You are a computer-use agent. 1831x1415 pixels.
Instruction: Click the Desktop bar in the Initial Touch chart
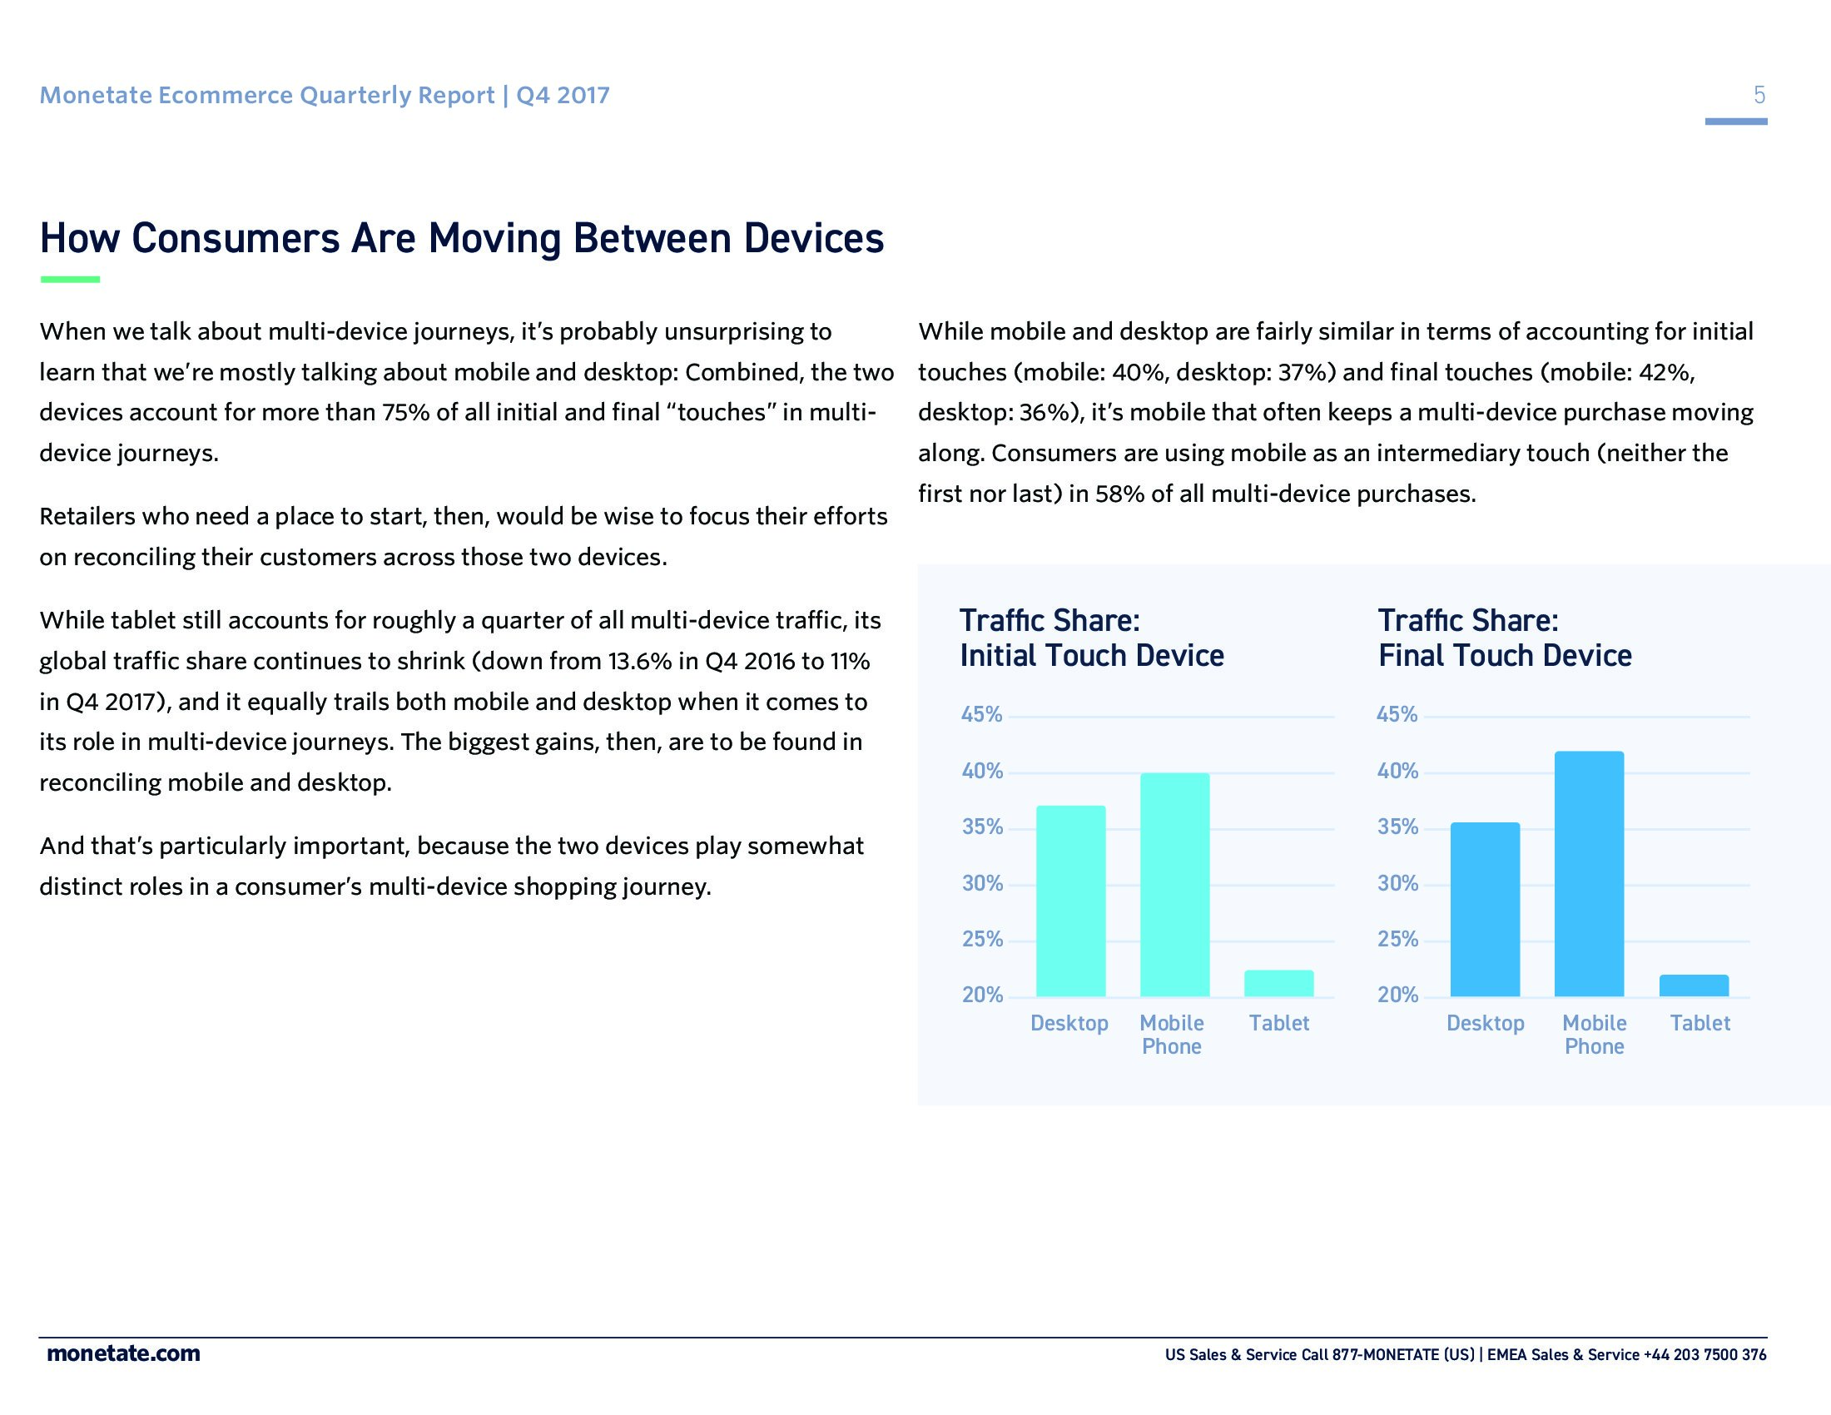coord(1070,901)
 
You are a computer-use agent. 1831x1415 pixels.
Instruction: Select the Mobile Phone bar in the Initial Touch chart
coord(1174,884)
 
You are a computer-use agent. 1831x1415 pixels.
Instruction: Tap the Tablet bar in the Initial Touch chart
coord(1278,983)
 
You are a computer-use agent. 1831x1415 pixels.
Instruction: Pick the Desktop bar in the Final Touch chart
coord(1485,910)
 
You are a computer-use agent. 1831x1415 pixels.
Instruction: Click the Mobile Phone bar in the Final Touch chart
coord(1589,873)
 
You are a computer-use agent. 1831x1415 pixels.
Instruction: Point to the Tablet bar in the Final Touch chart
coord(1694,986)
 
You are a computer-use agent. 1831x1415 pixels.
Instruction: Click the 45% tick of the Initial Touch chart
coord(981,714)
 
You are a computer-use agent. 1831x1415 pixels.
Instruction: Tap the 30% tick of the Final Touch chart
coord(1397,882)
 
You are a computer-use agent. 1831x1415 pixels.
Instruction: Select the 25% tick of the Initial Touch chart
coord(982,939)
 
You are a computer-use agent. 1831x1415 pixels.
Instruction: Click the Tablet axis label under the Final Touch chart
coord(1700,1023)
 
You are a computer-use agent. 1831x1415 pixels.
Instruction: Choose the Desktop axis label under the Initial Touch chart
coord(1069,1023)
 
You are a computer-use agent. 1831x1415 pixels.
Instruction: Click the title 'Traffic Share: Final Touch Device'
coord(1504,638)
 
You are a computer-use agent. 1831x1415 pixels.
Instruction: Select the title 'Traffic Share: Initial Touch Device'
coord(1091,638)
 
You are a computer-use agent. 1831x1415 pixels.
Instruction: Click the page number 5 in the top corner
coord(1759,95)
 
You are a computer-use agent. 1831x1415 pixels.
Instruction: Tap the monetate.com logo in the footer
coord(123,1353)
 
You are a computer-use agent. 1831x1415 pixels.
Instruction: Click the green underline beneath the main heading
coord(70,279)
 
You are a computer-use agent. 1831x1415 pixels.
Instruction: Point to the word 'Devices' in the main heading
coord(813,238)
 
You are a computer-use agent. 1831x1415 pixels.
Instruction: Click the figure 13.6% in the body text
coord(640,662)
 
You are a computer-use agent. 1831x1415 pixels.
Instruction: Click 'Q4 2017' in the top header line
coord(563,96)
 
